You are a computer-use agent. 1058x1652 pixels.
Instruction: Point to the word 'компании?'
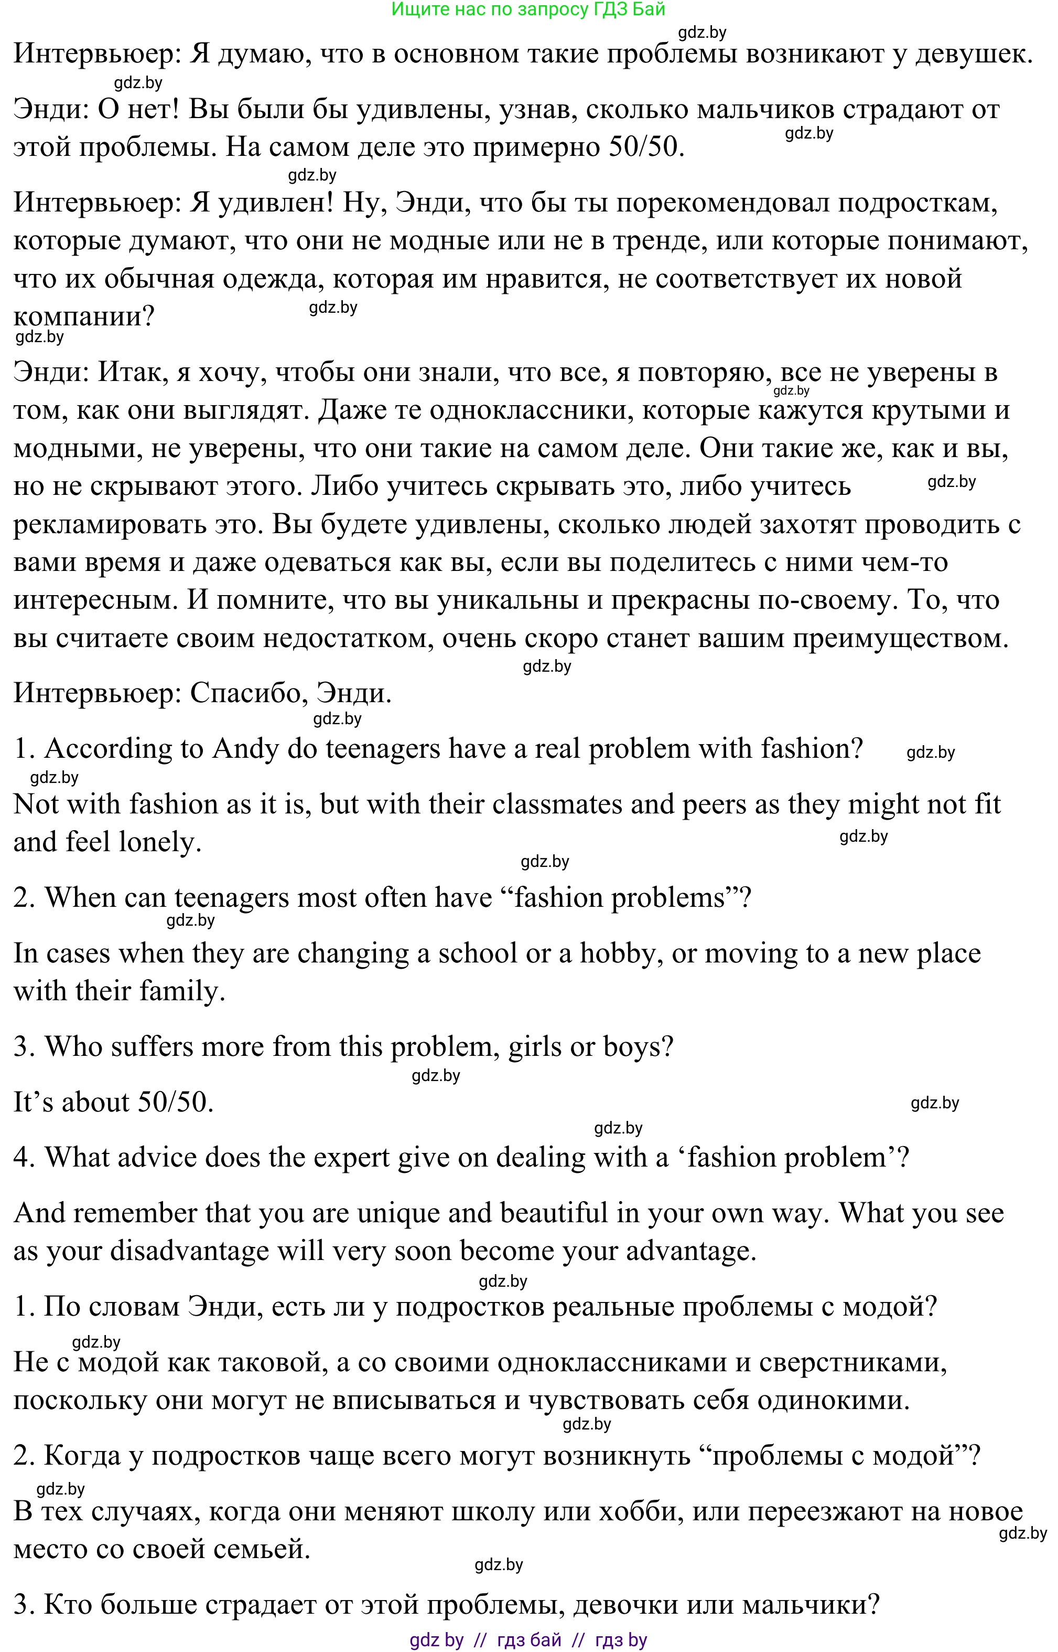pos(84,316)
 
